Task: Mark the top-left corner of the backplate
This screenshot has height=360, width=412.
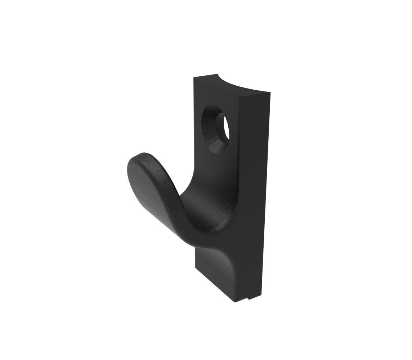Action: point(195,78)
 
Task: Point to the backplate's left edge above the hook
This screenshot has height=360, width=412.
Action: point(195,119)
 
